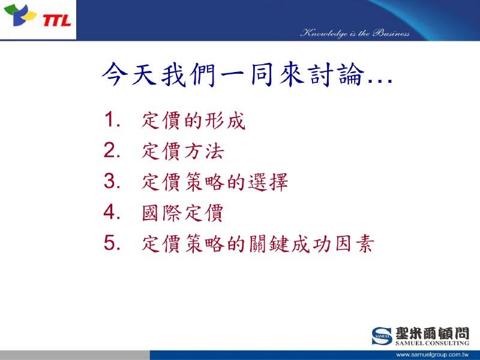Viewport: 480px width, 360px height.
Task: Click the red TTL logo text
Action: [x=57, y=21]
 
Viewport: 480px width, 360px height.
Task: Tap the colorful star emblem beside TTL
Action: [x=20, y=15]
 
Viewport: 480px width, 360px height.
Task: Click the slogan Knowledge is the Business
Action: [x=355, y=33]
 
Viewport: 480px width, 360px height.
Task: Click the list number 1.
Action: [x=112, y=119]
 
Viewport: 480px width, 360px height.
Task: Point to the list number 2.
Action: [x=112, y=151]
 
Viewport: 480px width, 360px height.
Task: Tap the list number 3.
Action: [x=112, y=181]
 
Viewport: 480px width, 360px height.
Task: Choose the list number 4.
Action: [x=112, y=212]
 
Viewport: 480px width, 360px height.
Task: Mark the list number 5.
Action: [x=112, y=243]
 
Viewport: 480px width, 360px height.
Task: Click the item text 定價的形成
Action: [x=193, y=121]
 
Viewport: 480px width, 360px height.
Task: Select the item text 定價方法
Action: [x=183, y=151]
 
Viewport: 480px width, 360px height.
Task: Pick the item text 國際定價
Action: [x=183, y=213]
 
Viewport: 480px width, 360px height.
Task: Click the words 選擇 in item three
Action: [x=268, y=182]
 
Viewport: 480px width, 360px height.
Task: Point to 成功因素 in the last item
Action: [x=332, y=244]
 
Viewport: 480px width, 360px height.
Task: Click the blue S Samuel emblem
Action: [x=382, y=336]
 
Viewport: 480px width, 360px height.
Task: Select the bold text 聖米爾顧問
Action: [x=432, y=333]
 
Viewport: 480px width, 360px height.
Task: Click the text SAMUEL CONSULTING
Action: [x=432, y=343]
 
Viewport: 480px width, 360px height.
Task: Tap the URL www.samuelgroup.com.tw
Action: [x=432, y=355]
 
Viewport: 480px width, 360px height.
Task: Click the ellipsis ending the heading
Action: [x=380, y=81]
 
